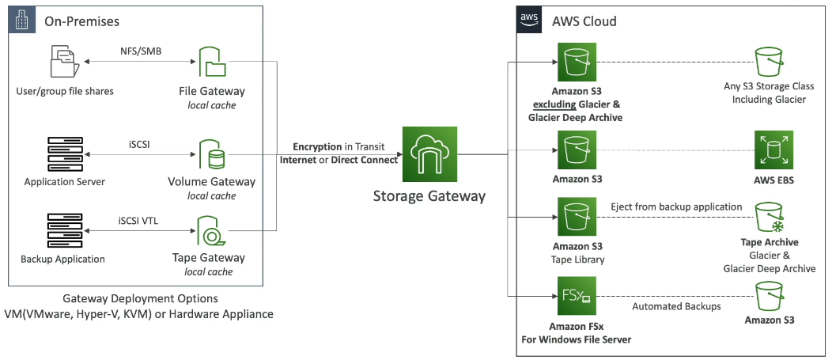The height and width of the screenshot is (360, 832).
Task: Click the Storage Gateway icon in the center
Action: coord(428,154)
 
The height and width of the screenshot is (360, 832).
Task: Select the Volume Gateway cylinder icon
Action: coord(211,154)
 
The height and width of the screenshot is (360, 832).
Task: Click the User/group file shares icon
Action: coord(65,63)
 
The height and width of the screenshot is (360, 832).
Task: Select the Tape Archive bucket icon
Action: coord(770,217)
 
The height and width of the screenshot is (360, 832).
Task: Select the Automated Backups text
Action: coord(675,306)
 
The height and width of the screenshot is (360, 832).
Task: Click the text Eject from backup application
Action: coord(676,207)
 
